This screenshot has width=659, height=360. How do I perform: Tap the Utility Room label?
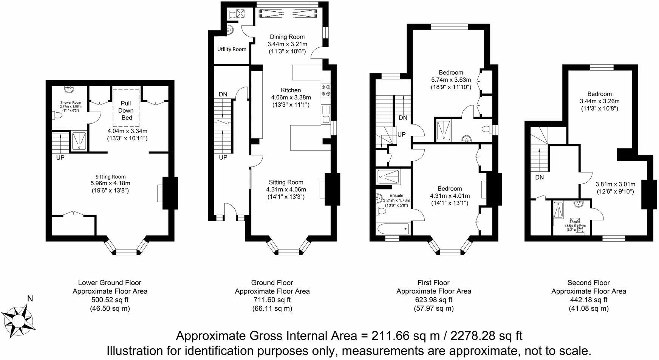click(x=232, y=49)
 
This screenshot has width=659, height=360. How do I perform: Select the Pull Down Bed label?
click(x=126, y=110)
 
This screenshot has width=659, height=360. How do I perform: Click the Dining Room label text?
click(x=287, y=37)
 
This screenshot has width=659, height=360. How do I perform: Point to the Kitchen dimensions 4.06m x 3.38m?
click(x=291, y=97)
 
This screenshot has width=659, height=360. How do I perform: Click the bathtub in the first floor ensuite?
click(x=393, y=228)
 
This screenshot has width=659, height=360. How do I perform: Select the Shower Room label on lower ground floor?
click(x=71, y=102)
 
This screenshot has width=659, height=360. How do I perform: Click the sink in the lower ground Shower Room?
click(x=69, y=89)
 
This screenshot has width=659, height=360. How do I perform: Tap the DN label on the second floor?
click(x=539, y=177)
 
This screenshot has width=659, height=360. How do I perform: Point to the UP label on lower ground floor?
click(x=60, y=158)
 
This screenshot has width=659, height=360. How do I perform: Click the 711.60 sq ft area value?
click(x=272, y=300)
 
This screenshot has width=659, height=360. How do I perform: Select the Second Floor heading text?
click(x=588, y=282)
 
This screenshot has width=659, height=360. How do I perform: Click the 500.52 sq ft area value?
click(x=110, y=300)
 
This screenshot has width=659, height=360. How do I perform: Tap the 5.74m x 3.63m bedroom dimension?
click(x=451, y=80)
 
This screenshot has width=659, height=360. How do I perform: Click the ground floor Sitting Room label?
click(x=286, y=182)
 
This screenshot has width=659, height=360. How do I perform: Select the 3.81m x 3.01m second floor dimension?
click(x=615, y=185)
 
